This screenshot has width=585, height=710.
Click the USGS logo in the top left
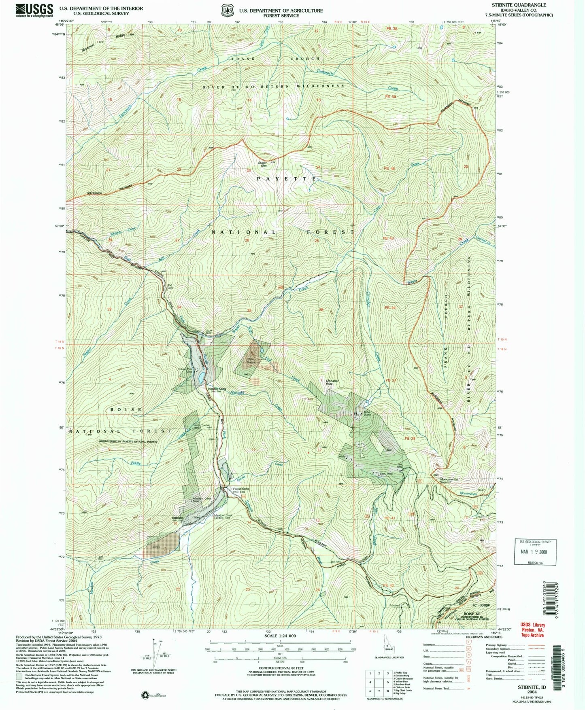[34, 9]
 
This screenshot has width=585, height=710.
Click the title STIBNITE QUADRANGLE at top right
[520, 5]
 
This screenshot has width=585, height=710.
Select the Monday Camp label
[218, 389]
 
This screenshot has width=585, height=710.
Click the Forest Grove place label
[241, 489]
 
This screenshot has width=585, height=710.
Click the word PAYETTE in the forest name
[286, 178]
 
